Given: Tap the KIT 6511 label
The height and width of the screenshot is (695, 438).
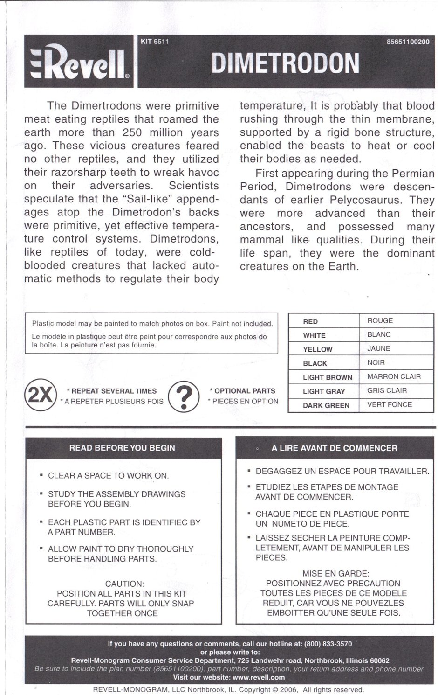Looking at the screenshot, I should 154,41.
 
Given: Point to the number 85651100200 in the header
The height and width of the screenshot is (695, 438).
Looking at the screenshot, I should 408,42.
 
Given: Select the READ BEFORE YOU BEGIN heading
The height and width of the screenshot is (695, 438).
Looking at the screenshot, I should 122,448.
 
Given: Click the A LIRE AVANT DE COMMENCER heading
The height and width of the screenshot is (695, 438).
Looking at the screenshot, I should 334,448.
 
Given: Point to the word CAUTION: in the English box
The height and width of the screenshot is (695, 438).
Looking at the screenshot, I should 124,584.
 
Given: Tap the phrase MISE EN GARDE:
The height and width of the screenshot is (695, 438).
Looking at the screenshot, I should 335,573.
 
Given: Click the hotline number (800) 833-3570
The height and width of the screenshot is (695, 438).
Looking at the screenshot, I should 328,644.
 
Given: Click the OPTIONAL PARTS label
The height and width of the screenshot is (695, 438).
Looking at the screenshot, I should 245,391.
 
